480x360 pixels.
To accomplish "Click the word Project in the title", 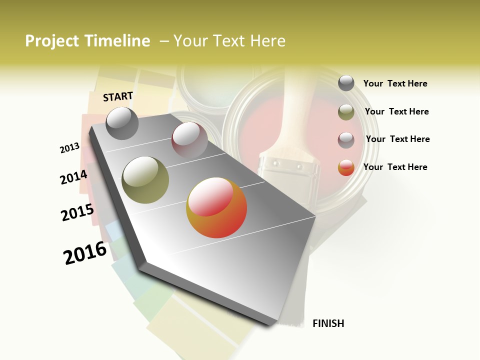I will tap(52, 41).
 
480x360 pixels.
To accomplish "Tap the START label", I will tap(118, 96).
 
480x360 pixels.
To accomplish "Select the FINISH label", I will tap(328, 323).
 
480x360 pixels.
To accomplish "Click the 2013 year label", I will tap(70, 148).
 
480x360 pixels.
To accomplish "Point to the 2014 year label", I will tap(73, 177).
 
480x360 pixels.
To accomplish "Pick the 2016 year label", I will tap(85, 252).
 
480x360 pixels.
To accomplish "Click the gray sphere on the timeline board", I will tap(122, 123).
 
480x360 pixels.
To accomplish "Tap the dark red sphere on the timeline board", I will tap(189, 140).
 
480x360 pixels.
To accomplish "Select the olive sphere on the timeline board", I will tap(145, 180).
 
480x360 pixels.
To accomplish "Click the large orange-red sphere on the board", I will tap(216, 207).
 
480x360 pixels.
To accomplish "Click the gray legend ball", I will tap(346, 83).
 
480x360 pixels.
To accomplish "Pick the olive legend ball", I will tap(346, 112).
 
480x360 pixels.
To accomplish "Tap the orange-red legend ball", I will tap(346, 167).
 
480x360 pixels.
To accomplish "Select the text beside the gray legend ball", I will tap(395, 83).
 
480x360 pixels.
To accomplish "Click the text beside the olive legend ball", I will tap(396, 111).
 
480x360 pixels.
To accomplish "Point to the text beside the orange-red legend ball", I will tap(395, 167).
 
